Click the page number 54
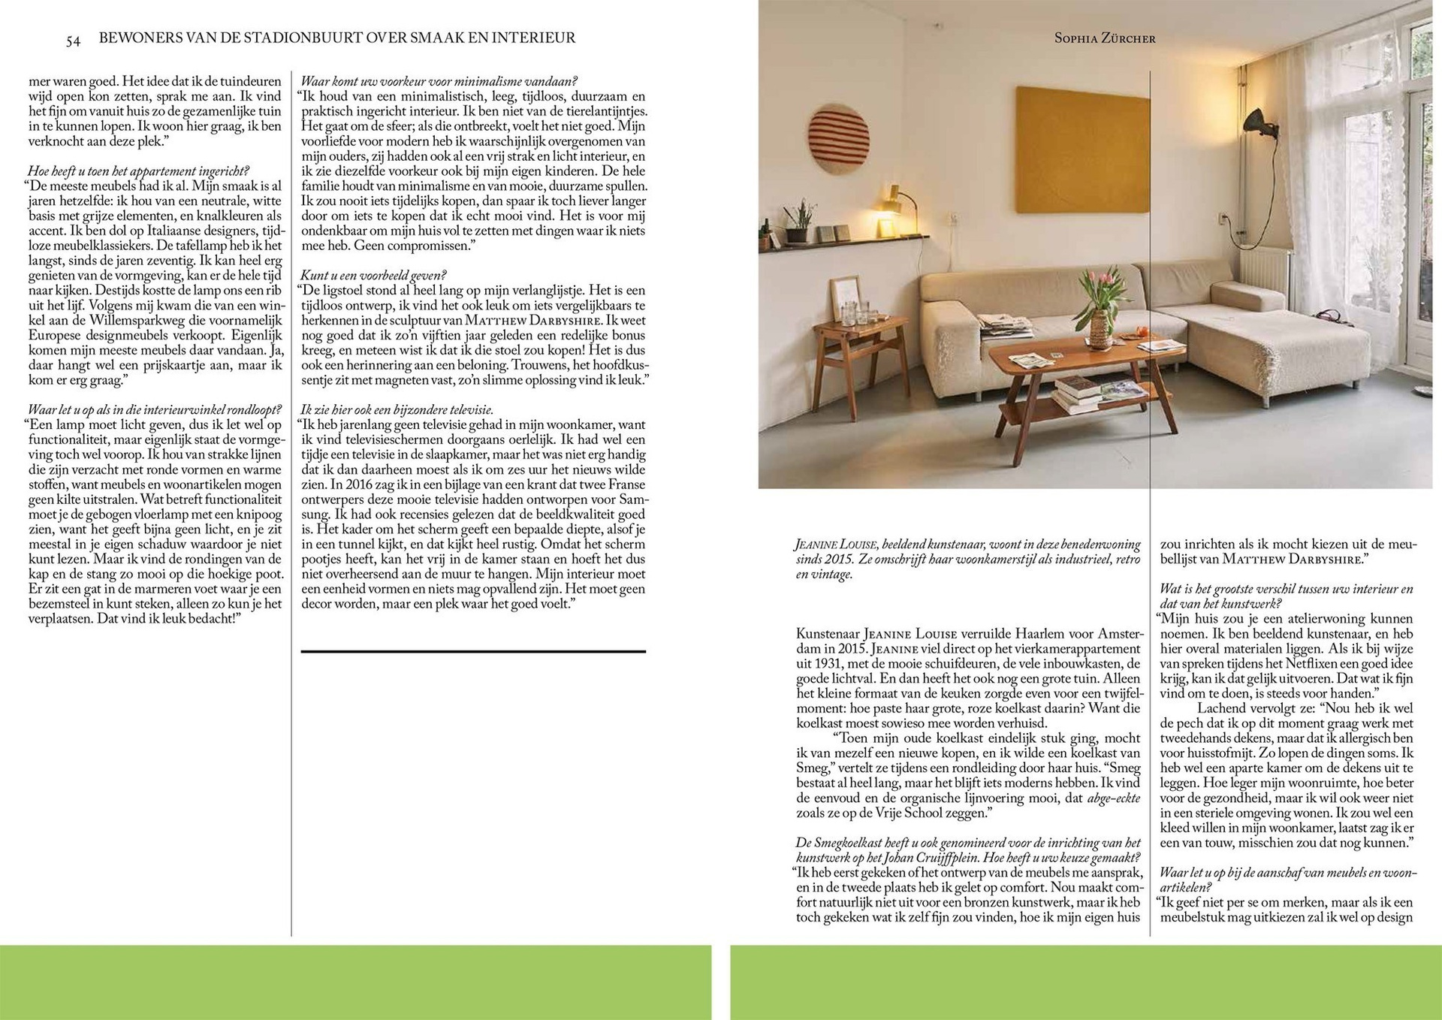[73, 41]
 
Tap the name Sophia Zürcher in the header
[1105, 38]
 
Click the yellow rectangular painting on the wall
[1082, 149]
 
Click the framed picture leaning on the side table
[846, 299]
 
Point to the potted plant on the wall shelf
[799, 222]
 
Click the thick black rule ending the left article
[473, 651]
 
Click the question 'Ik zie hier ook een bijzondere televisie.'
[397, 410]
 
